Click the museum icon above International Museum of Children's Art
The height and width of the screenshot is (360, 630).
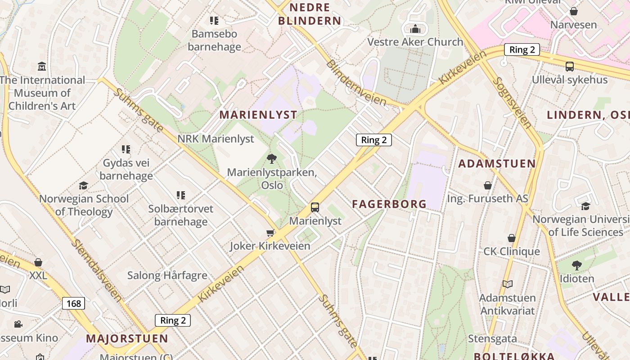pyautogui.click(x=42, y=67)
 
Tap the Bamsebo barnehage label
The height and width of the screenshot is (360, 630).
pyautogui.click(x=214, y=40)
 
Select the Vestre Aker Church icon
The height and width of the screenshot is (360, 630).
pyautogui.click(x=415, y=29)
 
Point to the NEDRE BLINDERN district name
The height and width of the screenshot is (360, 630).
pyautogui.click(x=310, y=14)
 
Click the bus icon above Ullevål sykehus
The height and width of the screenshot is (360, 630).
pyautogui.click(x=569, y=67)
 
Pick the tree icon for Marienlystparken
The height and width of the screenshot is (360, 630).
pyautogui.click(x=271, y=158)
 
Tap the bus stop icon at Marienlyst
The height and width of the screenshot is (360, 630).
pyautogui.click(x=315, y=207)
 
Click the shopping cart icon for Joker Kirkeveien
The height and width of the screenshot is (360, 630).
pyautogui.click(x=270, y=233)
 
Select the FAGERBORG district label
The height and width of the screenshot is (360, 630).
pyautogui.click(x=389, y=204)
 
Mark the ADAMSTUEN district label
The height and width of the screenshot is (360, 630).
pyautogui.click(x=497, y=163)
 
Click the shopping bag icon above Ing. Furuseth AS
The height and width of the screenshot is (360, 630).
pyautogui.click(x=487, y=185)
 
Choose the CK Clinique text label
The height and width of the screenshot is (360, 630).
pyautogui.click(x=512, y=251)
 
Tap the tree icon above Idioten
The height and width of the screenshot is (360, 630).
pyautogui.click(x=576, y=265)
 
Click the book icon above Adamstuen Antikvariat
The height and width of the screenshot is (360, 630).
pyautogui.click(x=507, y=284)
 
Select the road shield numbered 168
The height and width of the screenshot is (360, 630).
pyautogui.click(x=73, y=303)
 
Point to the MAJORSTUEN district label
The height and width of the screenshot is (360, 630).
pyautogui.click(x=127, y=338)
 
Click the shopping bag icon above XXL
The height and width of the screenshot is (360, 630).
pyautogui.click(x=38, y=262)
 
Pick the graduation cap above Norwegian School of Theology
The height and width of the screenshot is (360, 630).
pyautogui.click(x=83, y=185)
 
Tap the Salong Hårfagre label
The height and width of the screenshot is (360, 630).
pyautogui.click(x=167, y=275)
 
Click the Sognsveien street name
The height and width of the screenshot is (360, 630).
pyautogui.click(x=512, y=103)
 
